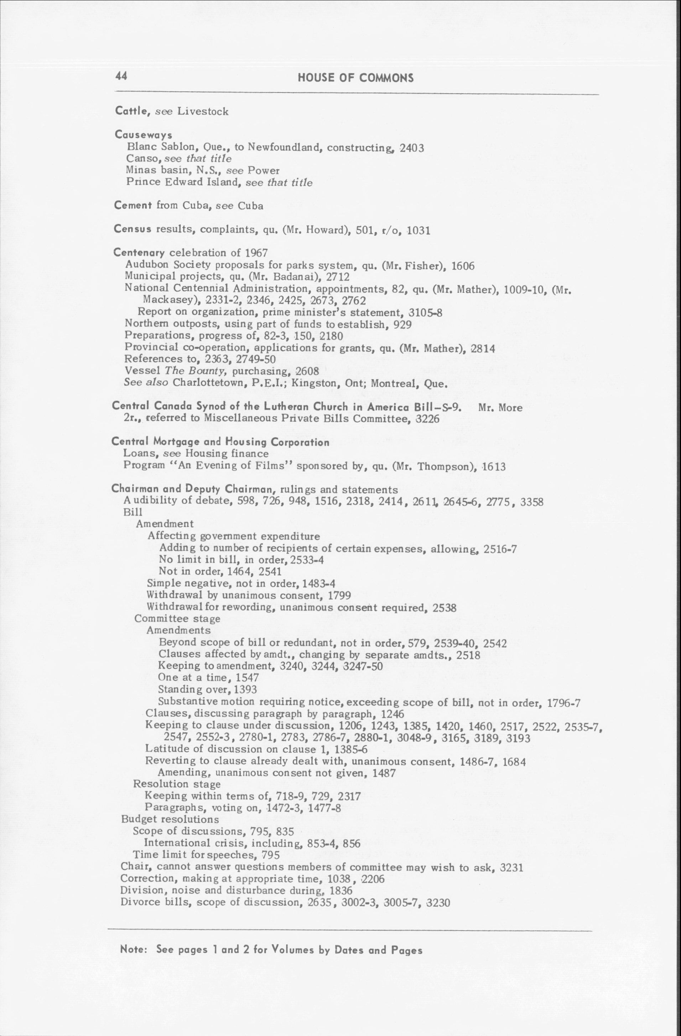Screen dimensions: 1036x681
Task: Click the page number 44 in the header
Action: (121, 76)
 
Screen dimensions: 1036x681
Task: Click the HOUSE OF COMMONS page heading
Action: (355, 78)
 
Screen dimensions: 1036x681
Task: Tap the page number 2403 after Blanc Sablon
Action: (412, 148)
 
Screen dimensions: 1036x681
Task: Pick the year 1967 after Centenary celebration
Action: (256, 253)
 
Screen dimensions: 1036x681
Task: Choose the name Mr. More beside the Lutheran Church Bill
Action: (500, 408)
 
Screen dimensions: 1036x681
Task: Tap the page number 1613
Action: (494, 467)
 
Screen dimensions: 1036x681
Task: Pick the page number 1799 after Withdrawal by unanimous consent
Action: (339, 595)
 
